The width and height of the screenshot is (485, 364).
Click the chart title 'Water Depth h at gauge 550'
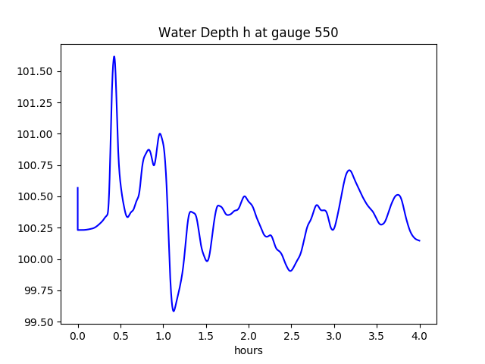pyautogui.click(x=248, y=33)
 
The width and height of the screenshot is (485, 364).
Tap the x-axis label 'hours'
pyautogui.click(x=248, y=350)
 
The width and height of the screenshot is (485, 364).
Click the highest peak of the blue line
pyautogui.click(x=114, y=56)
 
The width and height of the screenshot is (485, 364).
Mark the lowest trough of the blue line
pyautogui.click(x=174, y=311)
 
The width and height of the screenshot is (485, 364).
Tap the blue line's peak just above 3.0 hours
pyautogui.click(x=349, y=170)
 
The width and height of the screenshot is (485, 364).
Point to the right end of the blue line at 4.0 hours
pyautogui.click(x=420, y=240)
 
